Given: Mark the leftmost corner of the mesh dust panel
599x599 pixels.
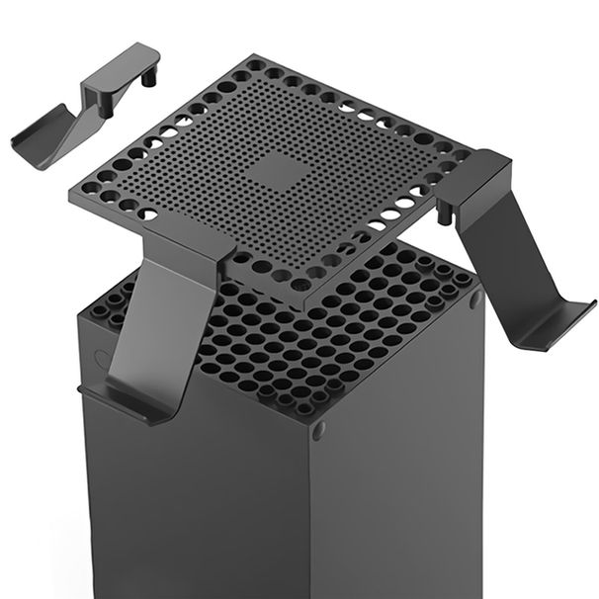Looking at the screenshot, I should pyautogui.click(x=72, y=185).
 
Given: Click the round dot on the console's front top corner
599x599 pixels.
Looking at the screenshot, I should pyautogui.click(x=317, y=431).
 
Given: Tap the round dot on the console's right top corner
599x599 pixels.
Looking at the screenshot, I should pyautogui.click(x=476, y=299).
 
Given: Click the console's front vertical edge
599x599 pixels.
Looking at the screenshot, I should pyautogui.click(x=310, y=514).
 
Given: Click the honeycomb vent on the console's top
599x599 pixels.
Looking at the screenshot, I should pyautogui.click(x=326, y=336).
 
